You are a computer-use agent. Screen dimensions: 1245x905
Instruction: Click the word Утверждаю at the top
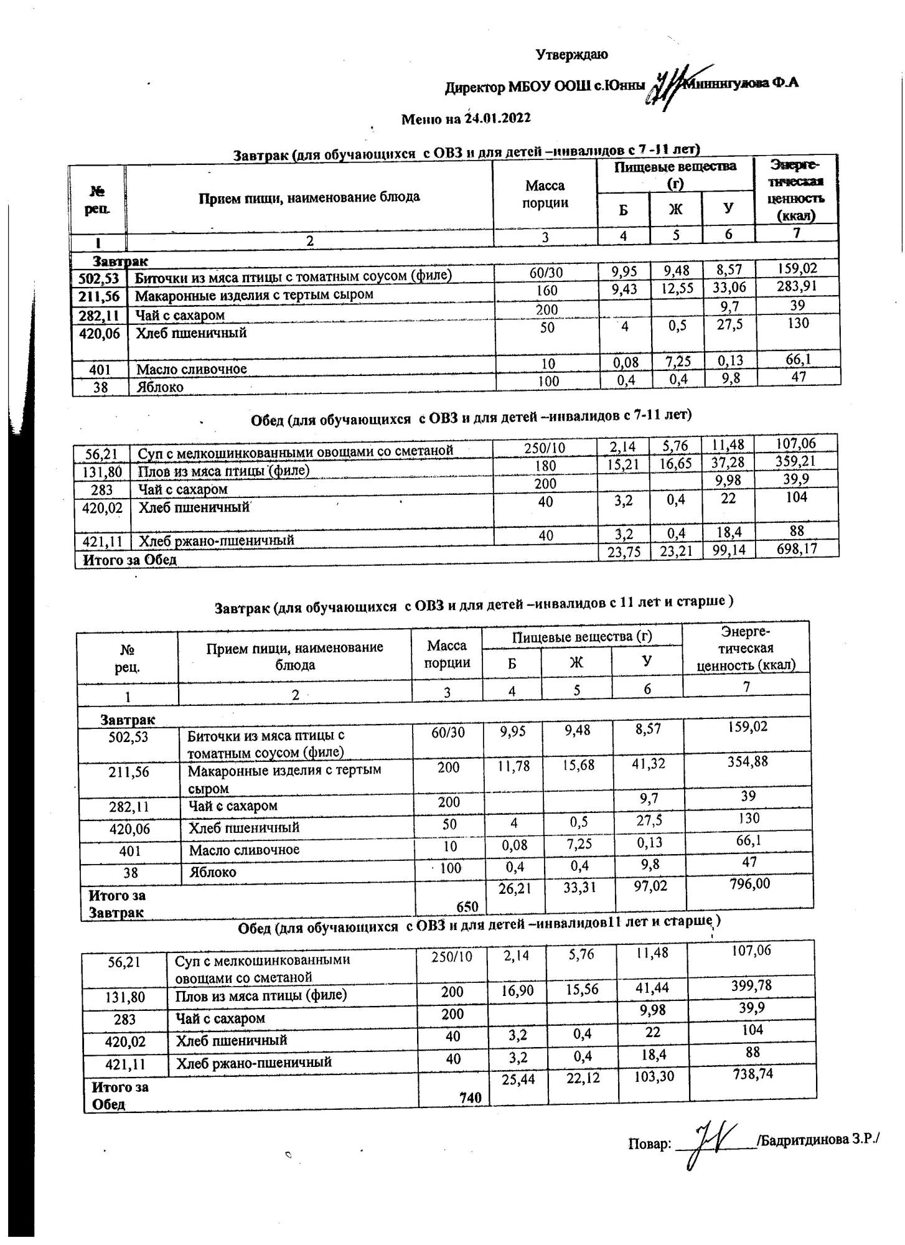click(x=571, y=55)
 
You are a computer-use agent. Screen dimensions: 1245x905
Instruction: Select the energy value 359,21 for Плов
click(x=795, y=462)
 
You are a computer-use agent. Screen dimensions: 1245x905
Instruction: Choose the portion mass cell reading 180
click(x=545, y=466)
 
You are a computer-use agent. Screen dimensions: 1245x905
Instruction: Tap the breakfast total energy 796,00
click(x=748, y=885)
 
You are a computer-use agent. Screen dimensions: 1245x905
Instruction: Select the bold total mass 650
click(x=467, y=906)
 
